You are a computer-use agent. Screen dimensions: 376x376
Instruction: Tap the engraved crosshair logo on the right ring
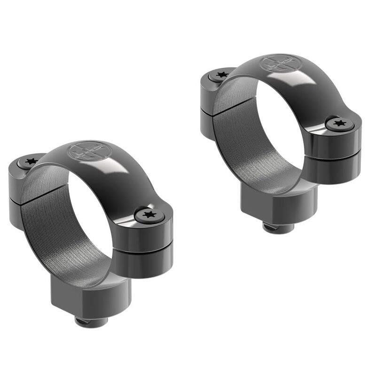pyautogui.click(x=277, y=63)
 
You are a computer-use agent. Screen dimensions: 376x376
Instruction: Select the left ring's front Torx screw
pyautogui.click(x=150, y=215)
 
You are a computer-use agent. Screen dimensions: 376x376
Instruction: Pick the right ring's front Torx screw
pyautogui.click(x=340, y=125)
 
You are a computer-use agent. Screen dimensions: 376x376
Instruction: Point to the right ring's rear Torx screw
pyautogui.click(x=220, y=74)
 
